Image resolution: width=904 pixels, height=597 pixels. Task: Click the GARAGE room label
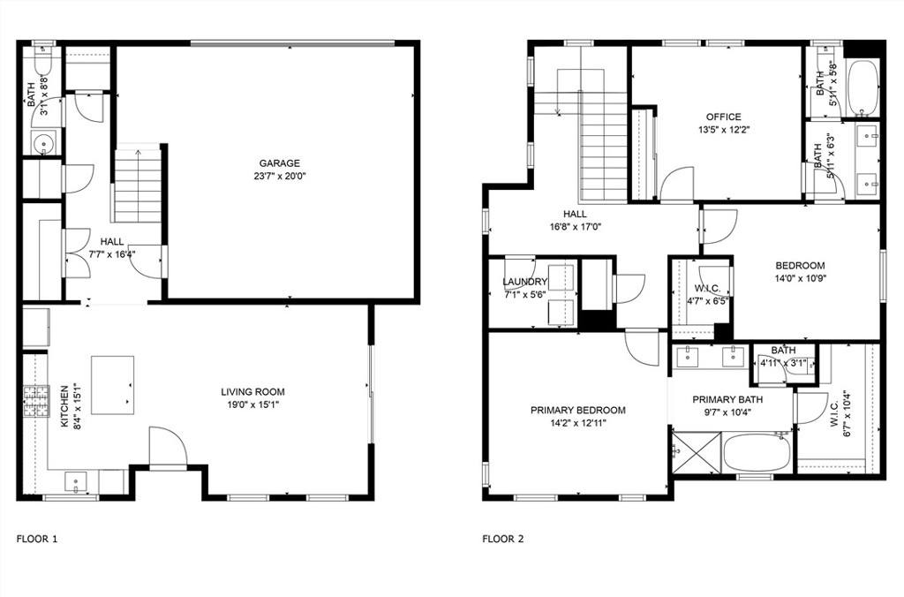[279, 163]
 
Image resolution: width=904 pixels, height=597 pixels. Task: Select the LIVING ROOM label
[252, 392]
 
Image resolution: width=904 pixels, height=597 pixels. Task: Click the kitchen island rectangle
[113, 385]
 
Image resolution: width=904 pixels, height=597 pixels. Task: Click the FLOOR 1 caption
[37, 540]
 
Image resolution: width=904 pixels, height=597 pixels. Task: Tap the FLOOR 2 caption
[503, 540]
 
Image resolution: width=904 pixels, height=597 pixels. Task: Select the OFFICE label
[724, 117]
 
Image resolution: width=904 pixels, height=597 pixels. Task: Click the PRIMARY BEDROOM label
[577, 411]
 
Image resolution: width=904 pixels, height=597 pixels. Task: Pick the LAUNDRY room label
[524, 282]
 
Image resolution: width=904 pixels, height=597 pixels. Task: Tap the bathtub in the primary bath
[756, 452]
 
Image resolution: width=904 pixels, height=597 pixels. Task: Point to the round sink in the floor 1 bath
[44, 142]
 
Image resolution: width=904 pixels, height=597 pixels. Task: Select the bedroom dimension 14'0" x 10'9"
[800, 278]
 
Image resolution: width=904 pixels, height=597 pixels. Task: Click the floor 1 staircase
[138, 185]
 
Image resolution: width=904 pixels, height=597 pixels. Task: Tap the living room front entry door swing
[168, 445]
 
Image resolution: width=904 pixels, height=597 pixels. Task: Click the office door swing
[677, 184]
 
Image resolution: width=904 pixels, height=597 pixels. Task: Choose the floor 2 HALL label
[576, 215]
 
